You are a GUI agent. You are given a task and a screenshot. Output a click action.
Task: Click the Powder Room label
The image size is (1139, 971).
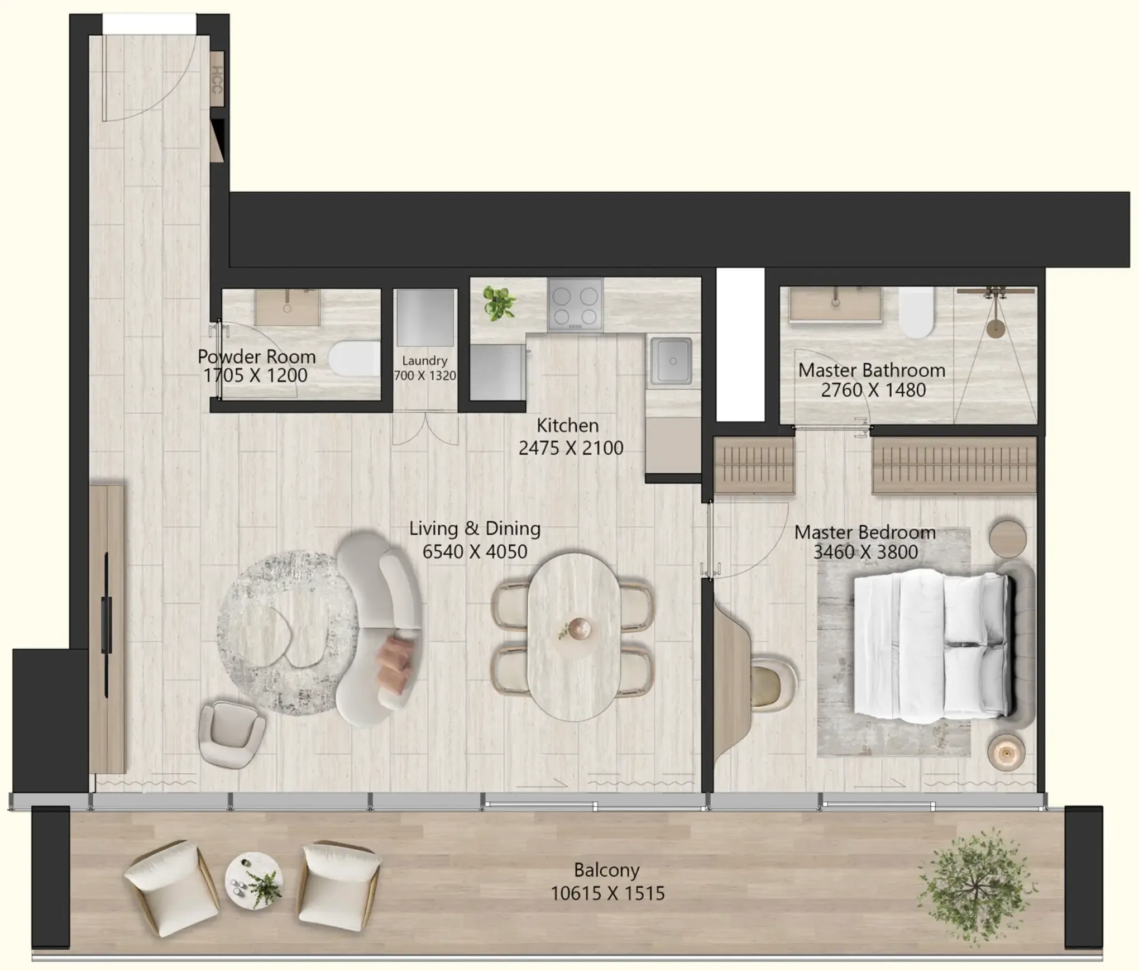[256, 356]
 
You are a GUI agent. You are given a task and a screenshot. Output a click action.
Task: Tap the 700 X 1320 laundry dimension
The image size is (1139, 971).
[425, 375]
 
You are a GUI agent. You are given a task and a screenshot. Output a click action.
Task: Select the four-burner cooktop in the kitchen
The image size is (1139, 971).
[575, 304]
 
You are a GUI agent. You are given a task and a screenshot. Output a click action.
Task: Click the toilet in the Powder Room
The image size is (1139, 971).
[353, 358]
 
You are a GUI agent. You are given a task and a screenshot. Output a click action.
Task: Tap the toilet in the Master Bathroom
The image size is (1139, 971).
[916, 313]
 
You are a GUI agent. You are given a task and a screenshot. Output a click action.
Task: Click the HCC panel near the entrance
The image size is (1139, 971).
[217, 79]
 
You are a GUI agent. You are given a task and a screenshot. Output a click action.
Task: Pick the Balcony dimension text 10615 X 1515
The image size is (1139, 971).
[607, 893]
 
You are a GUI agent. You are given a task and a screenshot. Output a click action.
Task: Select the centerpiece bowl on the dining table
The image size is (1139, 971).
[579, 629]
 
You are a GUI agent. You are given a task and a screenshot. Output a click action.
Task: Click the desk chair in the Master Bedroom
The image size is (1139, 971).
[773, 684]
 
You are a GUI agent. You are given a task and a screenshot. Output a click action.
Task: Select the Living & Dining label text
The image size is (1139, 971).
[475, 529]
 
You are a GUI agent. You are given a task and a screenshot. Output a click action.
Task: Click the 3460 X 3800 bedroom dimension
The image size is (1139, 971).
[865, 552]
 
